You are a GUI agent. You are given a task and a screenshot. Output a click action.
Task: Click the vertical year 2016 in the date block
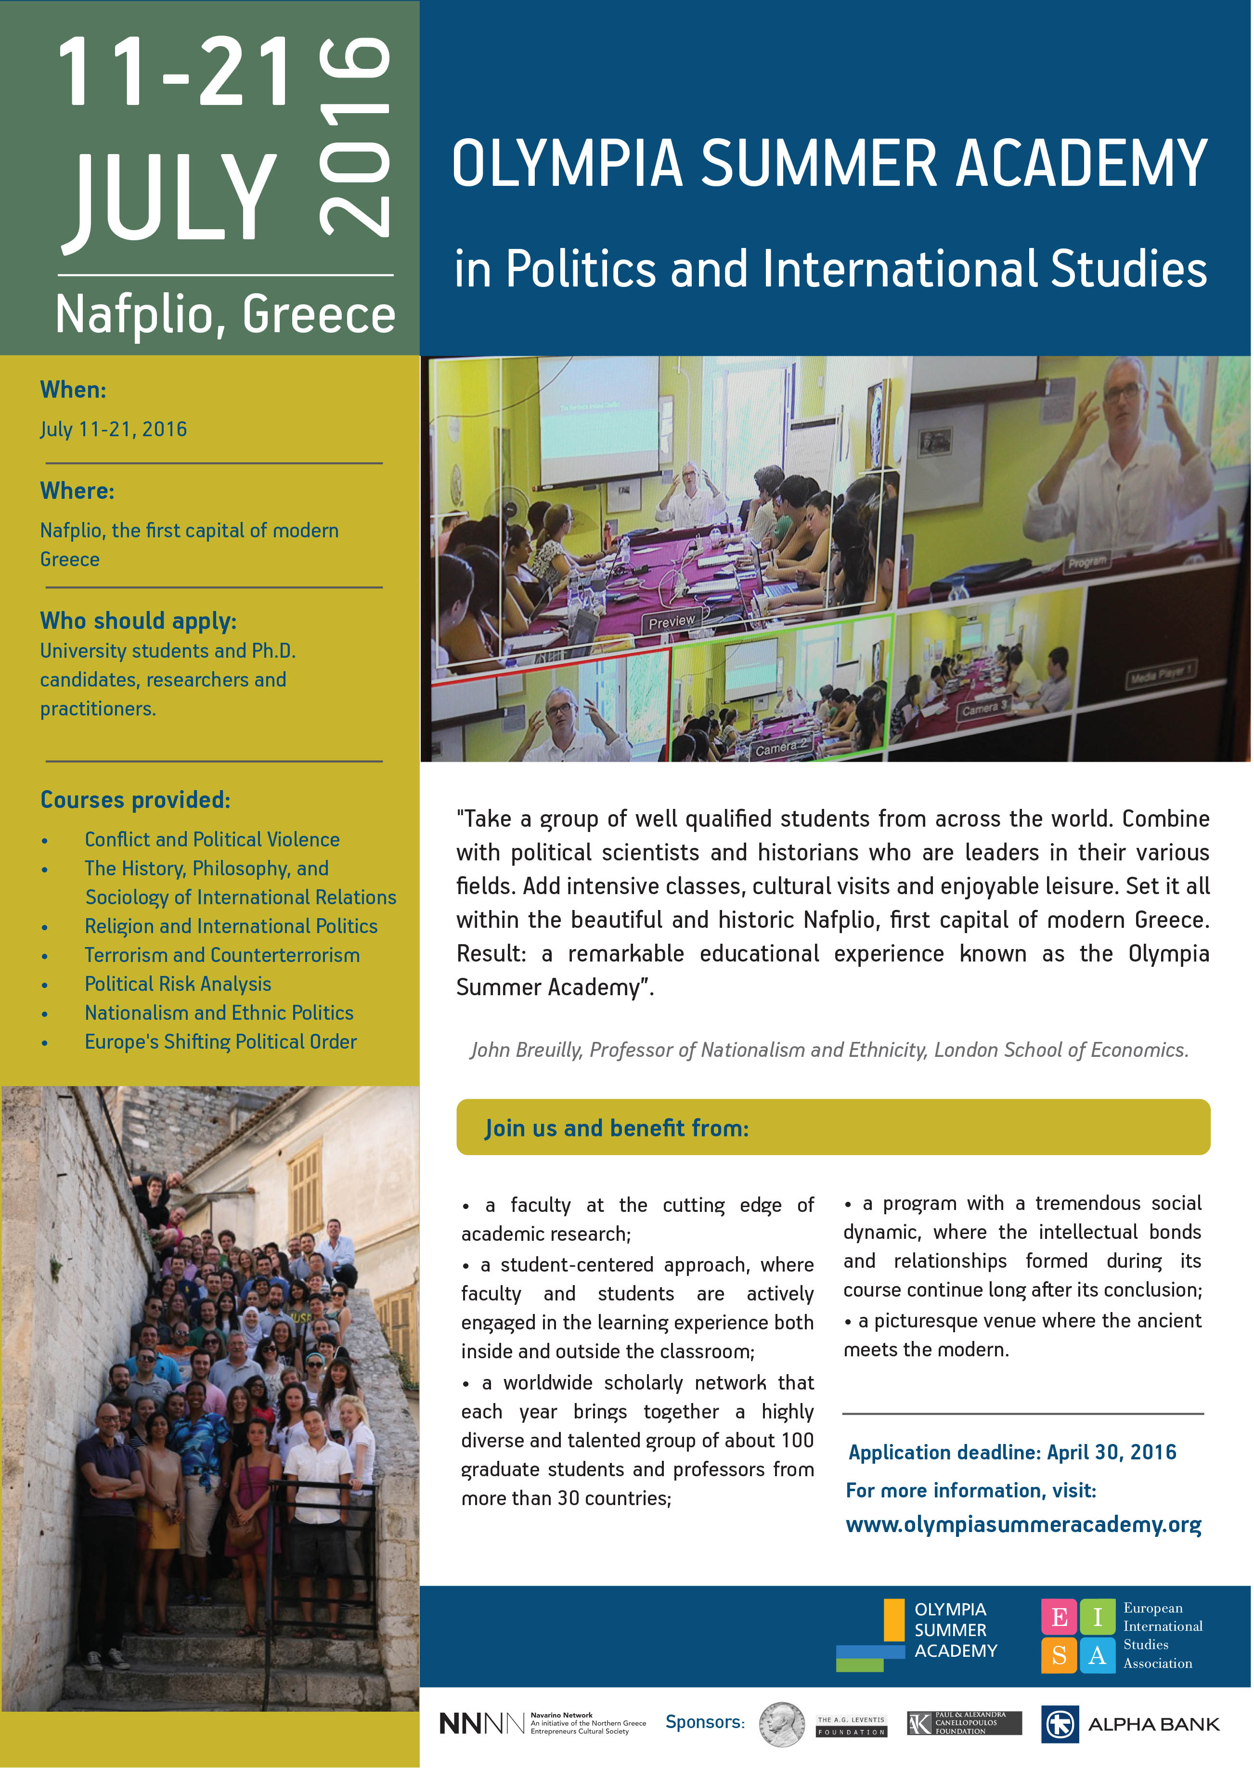point(356,138)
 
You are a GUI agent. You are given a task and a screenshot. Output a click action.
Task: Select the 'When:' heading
point(73,390)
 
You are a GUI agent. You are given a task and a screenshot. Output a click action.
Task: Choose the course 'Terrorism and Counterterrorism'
point(221,955)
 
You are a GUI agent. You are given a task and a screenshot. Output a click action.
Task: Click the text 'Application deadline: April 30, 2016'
point(1011,1452)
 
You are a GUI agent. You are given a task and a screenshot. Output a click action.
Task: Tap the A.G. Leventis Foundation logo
point(851,1726)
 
